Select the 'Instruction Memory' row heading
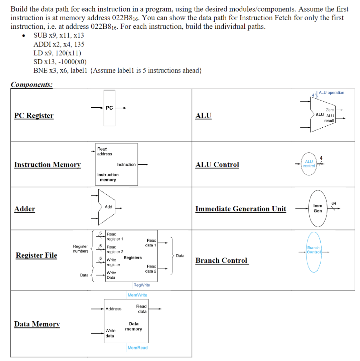point(47,165)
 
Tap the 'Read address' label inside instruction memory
point(104,151)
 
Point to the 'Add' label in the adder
point(108,207)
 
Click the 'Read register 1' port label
point(115,237)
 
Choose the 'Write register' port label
point(113,262)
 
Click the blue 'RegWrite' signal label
point(141,285)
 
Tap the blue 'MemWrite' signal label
point(137,295)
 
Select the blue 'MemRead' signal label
point(138,348)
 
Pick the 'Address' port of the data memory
point(113,309)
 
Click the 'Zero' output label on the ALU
point(330,110)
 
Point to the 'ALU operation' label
point(331,93)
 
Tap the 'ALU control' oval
point(309,164)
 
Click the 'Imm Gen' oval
point(318,208)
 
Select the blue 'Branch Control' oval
point(314,250)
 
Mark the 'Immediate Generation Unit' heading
point(240,209)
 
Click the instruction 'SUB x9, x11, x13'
point(59,35)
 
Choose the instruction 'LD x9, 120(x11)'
point(57,53)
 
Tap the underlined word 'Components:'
point(32,84)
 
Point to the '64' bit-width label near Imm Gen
point(334,203)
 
